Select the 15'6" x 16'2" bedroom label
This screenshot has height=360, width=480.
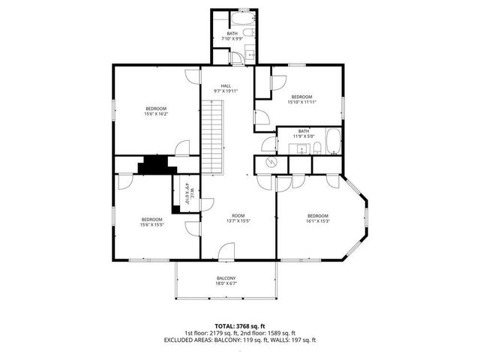156,111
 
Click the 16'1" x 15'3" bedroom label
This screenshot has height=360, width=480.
318,218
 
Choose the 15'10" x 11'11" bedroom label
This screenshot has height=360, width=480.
301,99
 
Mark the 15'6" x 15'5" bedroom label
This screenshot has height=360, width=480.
152,221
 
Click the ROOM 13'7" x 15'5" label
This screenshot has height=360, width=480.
238,218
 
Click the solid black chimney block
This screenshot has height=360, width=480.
154,165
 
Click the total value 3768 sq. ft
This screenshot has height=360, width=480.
250,326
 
